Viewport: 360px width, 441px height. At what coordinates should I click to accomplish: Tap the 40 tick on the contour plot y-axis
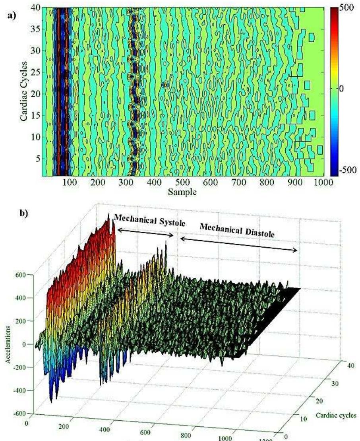click(x=35, y=8)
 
